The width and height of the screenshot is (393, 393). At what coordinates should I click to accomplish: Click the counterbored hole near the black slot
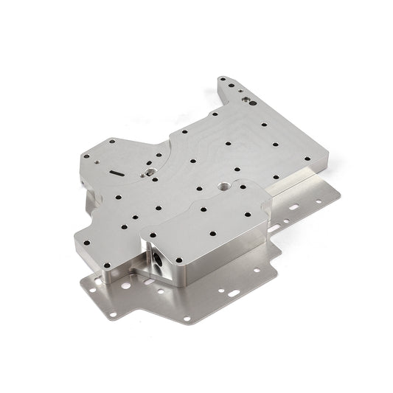point(150,170)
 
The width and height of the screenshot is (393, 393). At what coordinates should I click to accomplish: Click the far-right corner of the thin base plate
point(340,195)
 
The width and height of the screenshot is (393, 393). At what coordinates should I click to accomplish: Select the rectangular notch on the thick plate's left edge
point(76,181)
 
